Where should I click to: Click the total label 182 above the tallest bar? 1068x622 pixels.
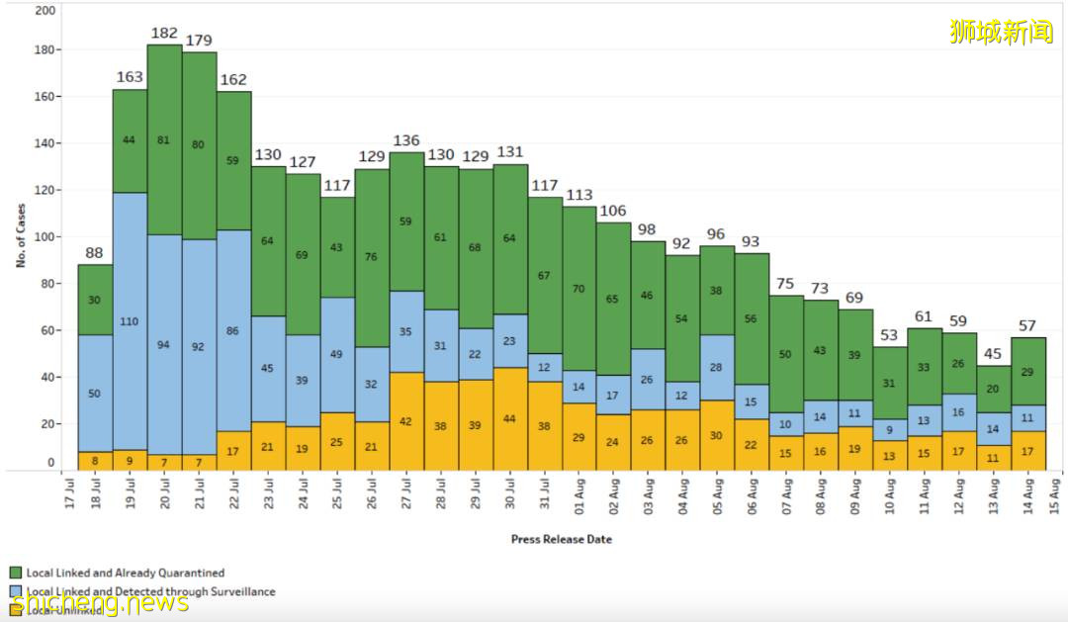(x=164, y=34)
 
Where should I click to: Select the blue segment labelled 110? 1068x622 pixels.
(x=130, y=321)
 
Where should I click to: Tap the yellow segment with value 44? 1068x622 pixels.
(x=510, y=419)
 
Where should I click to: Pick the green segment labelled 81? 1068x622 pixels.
(x=164, y=139)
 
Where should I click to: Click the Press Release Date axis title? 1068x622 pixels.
(x=561, y=539)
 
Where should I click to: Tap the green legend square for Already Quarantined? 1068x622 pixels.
(x=16, y=573)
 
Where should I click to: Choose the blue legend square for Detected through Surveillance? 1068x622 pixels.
(x=16, y=591)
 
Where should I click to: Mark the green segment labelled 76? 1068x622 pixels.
(x=372, y=257)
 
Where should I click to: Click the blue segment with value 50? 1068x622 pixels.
(x=95, y=394)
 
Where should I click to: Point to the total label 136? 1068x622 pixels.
(x=406, y=141)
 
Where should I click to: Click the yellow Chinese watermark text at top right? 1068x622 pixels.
(x=1000, y=32)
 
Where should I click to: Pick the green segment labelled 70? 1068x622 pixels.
(x=579, y=289)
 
